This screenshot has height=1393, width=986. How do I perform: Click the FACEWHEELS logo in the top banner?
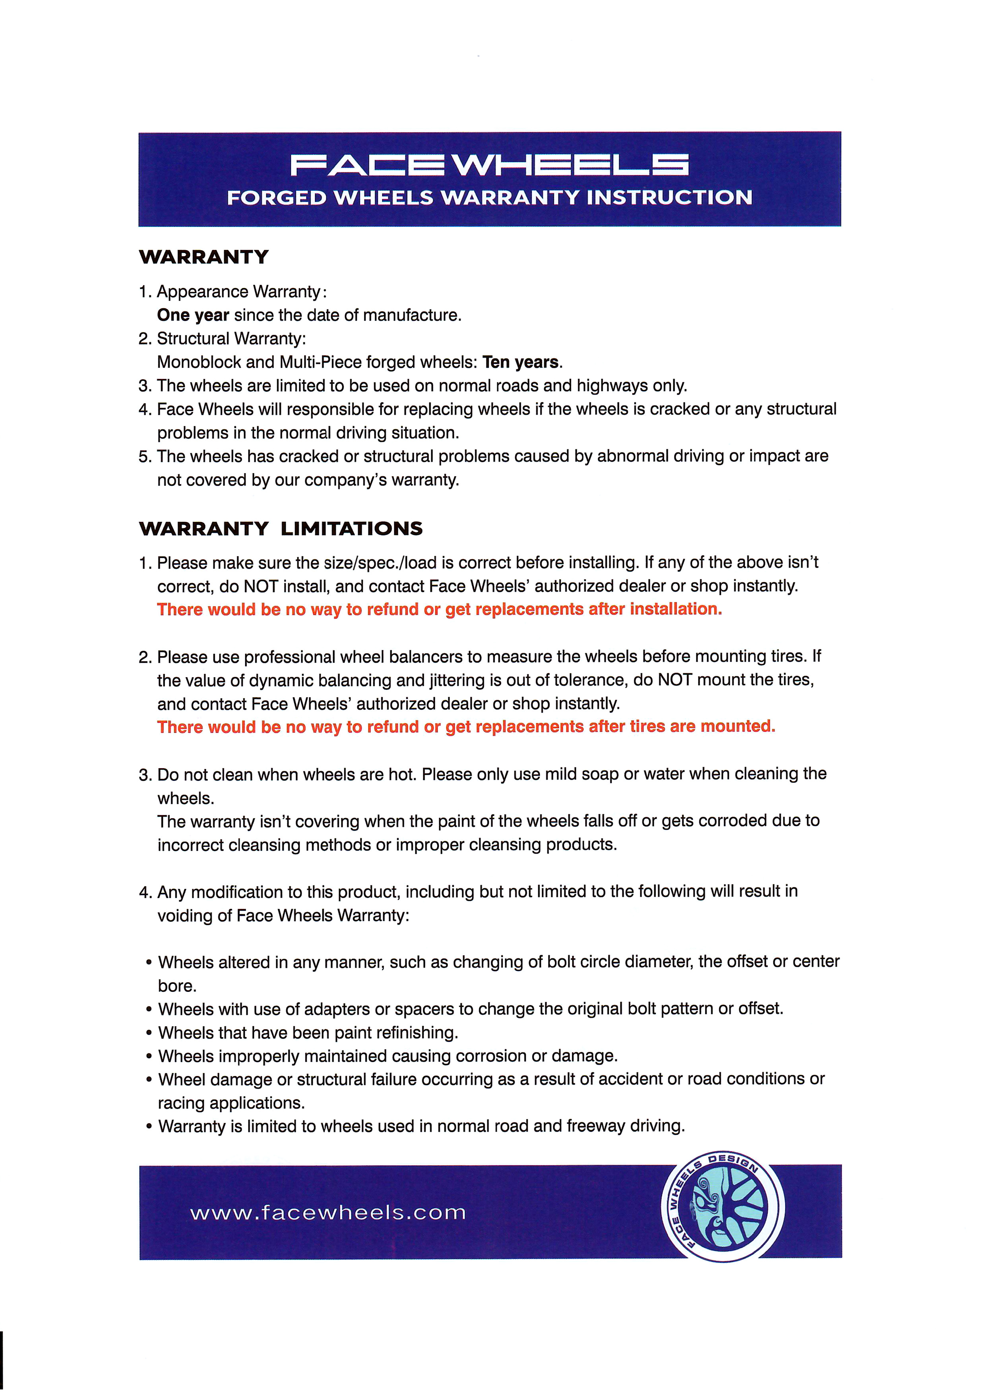pyautogui.click(x=489, y=164)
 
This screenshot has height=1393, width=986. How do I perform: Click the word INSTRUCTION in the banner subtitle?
pyautogui.click(x=669, y=198)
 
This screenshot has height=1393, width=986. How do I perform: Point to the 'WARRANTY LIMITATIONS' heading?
pyautogui.click(x=281, y=528)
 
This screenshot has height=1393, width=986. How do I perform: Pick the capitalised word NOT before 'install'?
pyautogui.click(x=261, y=586)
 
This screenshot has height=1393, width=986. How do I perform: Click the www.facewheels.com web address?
pyautogui.click(x=328, y=1213)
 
